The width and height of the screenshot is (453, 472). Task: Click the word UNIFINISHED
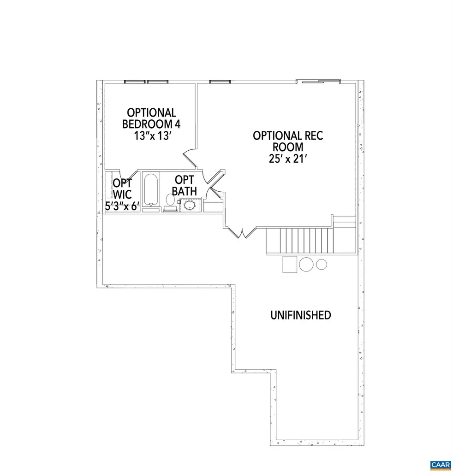click(300, 315)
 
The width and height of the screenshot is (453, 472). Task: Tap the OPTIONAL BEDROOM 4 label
click(151, 118)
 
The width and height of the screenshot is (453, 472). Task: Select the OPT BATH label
click(185, 185)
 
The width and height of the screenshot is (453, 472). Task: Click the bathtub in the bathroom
click(151, 189)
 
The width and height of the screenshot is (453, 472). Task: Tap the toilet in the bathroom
click(170, 201)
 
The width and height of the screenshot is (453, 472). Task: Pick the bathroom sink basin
click(189, 205)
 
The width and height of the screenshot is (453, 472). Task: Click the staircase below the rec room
click(300, 240)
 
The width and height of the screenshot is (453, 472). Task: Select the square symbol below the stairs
click(290, 265)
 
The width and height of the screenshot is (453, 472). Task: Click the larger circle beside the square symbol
click(306, 264)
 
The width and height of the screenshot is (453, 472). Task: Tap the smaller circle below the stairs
click(322, 264)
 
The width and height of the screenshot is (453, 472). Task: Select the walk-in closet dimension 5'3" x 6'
click(122, 206)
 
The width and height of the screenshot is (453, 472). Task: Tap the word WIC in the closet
click(123, 195)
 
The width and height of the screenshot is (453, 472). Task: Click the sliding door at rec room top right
click(318, 82)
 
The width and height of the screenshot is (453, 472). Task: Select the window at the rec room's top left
click(220, 82)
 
